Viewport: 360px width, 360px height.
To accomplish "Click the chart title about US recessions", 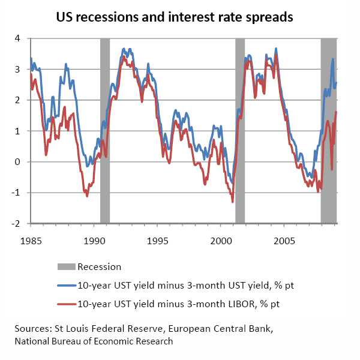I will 174,17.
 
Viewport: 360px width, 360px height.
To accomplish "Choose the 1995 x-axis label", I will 158,241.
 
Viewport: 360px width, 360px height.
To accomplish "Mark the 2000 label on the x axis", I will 221,241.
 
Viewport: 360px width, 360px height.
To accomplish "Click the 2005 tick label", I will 284,241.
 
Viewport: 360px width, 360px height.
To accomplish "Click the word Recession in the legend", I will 100,267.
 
